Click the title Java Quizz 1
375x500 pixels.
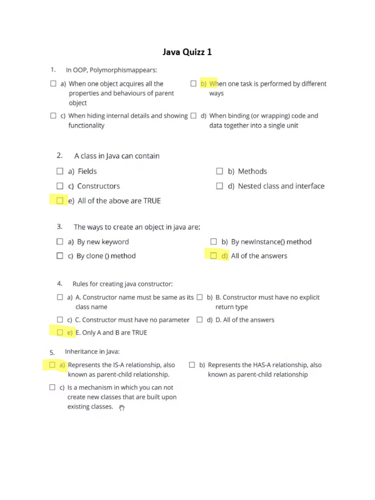[x=187, y=52]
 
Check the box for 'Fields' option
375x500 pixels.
[x=60, y=171]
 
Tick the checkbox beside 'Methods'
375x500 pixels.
[x=220, y=171]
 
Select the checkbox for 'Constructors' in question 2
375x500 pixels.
[x=60, y=186]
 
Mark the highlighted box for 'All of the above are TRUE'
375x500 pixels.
[x=60, y=201]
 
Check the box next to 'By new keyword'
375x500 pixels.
[x=60, y=242]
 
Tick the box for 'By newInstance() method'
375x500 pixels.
[x=213, y=242]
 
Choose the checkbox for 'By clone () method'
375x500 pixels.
[x=60, y=256]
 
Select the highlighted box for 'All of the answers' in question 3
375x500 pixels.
[x=213, y=256]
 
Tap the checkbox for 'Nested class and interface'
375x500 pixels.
[x=220, y=186]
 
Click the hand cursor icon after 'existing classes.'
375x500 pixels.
[x=122, y=408]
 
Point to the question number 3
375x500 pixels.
[x=59, y=227]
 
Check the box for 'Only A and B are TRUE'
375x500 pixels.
[x=60, y=333]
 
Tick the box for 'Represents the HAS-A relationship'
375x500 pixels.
[x=192, y=365]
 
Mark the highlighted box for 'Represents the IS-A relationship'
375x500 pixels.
[x=52, y=365]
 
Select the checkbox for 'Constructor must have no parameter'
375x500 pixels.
[x=60, y=320]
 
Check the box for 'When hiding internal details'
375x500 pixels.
[x=53, y=116]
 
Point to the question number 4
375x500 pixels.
[x=59, y=283]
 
